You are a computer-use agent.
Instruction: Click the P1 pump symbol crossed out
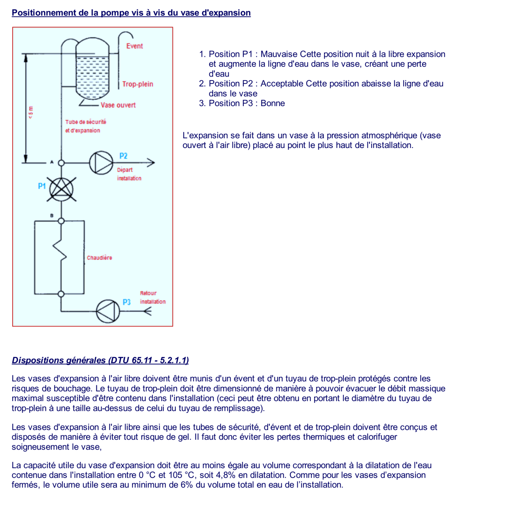tap(61, 189)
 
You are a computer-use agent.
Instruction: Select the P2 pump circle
tap(101, 163)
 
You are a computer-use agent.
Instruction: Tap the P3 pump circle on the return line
tap(108, 311)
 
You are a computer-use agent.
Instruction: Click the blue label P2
tap(123, 156)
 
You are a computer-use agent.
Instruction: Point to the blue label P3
tap(126, 302)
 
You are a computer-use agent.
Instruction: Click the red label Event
tap(135, 46)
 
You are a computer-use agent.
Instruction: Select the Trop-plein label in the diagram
tap(138, 84)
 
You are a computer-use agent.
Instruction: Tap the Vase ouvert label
tap(118, 105)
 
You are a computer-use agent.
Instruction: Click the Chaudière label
tap(99, 258)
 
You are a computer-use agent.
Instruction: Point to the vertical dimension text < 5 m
tap(31, 113)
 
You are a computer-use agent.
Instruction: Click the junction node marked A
tap(61, 163)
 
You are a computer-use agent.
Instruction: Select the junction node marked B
tap(61, 221)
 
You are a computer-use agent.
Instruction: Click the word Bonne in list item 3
tap(273, 103)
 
